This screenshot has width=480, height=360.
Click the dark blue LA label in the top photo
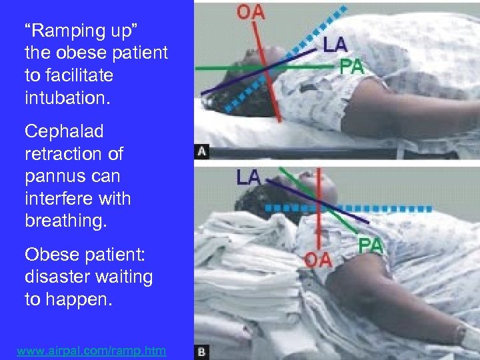click(335, 45)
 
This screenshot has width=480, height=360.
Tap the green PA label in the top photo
click(352, 67)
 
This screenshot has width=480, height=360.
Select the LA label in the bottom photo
click(248, 177)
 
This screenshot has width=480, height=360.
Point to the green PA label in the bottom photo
click(371, 245)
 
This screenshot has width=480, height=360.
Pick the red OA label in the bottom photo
click(317, 259)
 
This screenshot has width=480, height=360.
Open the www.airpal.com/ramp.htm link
click(92, 350)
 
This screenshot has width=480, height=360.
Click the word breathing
click(65, 221)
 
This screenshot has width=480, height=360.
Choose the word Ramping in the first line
click(65, 31)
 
